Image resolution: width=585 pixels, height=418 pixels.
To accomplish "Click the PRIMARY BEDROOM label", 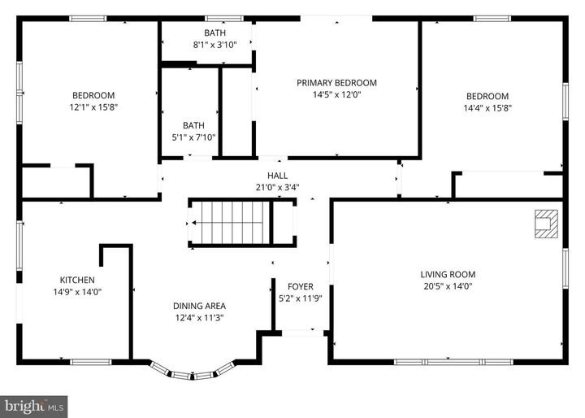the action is point(336,83).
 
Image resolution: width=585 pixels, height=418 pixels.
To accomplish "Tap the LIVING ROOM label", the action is point(448,275).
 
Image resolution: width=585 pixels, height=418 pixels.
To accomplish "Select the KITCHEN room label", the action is point(77,280).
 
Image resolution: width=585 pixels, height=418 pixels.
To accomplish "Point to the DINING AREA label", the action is point(199,306).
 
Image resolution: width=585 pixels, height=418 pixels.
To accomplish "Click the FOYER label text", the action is point(301,286).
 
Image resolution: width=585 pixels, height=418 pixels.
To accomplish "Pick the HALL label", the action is point(277,175).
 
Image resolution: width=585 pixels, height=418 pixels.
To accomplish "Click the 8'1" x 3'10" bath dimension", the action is point(214,45).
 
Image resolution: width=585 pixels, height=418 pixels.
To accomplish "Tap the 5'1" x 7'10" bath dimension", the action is point(193,137).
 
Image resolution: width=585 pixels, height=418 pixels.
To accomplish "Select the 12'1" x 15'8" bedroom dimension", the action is point(93,107).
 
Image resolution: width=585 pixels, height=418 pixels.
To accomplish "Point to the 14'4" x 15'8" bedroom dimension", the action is point(487,108).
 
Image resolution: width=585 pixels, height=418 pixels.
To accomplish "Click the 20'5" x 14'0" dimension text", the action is point(448,286).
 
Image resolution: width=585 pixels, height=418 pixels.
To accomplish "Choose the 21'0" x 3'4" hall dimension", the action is point(277,187).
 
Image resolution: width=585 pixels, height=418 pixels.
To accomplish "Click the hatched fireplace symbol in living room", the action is point(546,224).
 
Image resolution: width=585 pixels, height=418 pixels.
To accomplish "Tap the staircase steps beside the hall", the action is point(235,223).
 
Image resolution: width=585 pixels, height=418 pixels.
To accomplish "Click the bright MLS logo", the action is point(33,407).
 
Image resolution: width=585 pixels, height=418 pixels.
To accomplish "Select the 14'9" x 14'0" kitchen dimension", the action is point(77,292).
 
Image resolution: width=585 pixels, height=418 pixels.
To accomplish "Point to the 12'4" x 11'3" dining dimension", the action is point(199,318).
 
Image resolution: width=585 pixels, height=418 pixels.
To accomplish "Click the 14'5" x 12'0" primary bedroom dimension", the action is point(336,94).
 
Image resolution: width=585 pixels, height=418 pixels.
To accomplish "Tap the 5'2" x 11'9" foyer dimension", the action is point(301,298).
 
